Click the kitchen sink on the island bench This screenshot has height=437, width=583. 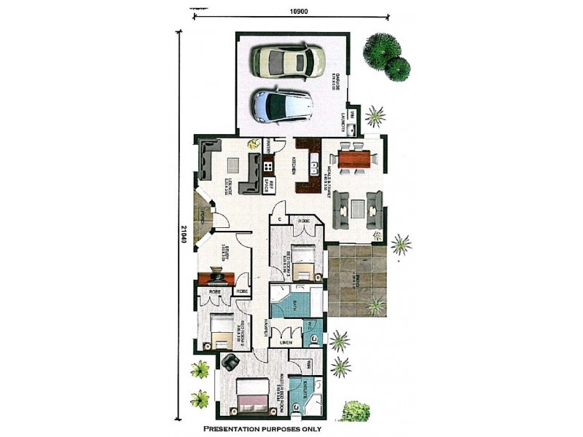click(x=315, y=161)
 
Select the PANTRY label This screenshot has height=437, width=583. click(x=268, y=146)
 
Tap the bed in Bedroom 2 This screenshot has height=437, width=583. click(x=222, y=331)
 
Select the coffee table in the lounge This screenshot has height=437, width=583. click(x=233, y=165)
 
